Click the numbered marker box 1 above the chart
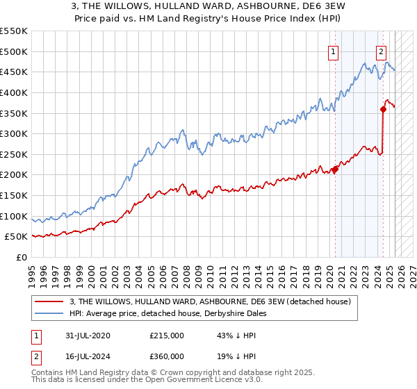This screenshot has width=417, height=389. (334, 51)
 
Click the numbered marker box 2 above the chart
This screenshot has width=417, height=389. (382, 51)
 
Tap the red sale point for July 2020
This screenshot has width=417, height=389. (335, 169)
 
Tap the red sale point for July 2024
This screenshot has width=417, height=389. (383, 109)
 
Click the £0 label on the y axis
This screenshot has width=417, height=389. (21, 258)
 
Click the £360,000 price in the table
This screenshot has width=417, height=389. (167, 356)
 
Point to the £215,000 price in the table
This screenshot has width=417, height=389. (167, 336)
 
